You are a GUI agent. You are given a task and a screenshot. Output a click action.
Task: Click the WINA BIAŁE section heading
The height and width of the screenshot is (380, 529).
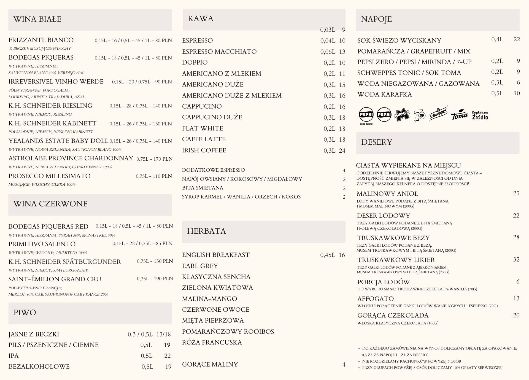pyautogui.click(x=37, y=19)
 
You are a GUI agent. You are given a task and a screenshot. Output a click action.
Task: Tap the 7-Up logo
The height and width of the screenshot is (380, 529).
pyautogui.click(x=419, y=115)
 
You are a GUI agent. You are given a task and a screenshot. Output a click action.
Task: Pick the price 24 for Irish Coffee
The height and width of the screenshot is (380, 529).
pyautogui.click(x=342, y=150)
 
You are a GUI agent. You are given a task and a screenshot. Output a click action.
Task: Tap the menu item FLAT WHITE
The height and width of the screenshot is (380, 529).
pyautogui.click(x=203, y=128)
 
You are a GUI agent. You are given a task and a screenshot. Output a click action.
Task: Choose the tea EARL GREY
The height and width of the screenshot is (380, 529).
pyautogui.click(x=200, y=266)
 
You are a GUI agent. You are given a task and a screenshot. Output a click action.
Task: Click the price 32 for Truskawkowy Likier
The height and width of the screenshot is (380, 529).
pyautogui.click(x=516, y=259)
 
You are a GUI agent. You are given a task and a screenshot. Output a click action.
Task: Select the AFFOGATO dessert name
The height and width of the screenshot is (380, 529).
pyautogui.click(x=375, y=299)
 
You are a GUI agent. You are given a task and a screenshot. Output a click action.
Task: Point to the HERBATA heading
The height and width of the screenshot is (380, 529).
pyautogui.click(x=206, y=231)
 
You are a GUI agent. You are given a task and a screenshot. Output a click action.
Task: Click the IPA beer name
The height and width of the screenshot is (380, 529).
pyautogui.click(x=14, y=356)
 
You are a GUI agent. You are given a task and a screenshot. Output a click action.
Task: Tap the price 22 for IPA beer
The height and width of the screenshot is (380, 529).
pyautogui.click(x=167, y=356)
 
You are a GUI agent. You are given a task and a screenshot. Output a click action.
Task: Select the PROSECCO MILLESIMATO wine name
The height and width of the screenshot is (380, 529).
pyautogui.click(x=49, y=176)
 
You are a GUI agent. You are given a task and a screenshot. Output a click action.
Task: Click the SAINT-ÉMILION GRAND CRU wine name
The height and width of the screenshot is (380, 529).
pyautogui.click(x=55, y=279)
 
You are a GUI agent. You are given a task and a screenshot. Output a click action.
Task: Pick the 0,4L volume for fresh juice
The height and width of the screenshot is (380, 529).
pyautogui.click(x=497, y=39)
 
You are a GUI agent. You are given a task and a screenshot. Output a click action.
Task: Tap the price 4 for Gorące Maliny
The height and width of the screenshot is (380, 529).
pyautogui.click(x=344, y=365)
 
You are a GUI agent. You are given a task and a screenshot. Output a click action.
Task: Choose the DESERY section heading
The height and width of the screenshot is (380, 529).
pyautogui.click(x=376, y=142)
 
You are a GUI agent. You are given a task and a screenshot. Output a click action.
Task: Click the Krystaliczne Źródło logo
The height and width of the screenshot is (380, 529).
pyautogui.click(x=480, y=115)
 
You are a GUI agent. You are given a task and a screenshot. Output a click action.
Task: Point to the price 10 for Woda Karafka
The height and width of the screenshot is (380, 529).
pyautogui.click(x=517, y=93)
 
